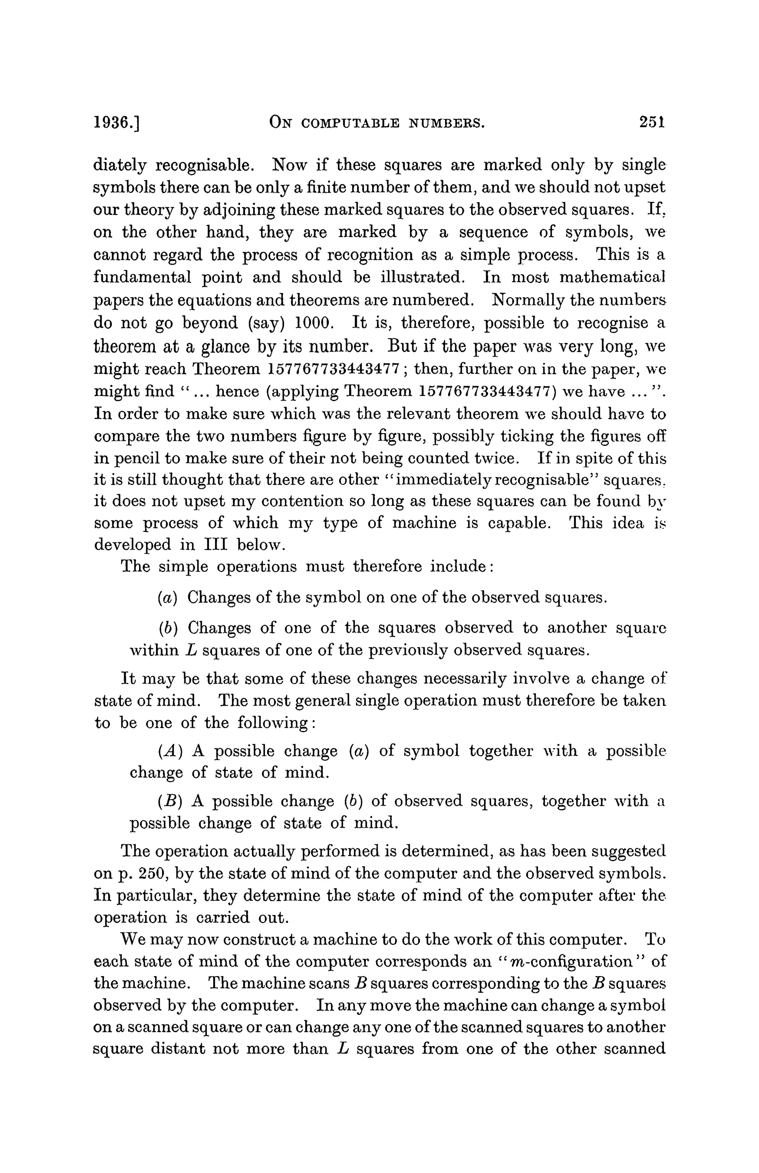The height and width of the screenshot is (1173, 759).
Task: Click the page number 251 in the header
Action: pos(652,122)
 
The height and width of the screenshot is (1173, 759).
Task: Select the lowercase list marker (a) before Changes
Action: pos(168,598)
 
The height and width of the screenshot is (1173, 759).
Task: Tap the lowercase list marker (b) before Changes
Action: pos(168,629)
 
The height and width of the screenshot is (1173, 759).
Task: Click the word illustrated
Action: pos(423,278)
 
